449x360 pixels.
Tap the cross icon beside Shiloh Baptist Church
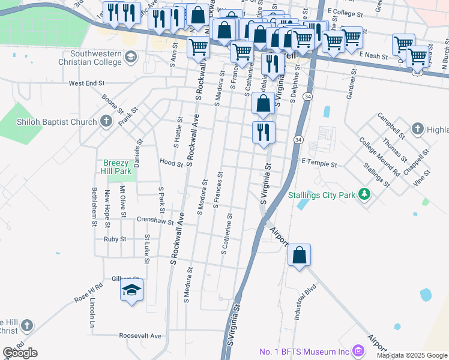tap(106, 122)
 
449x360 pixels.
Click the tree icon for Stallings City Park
tap(363, 194)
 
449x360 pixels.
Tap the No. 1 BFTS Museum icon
tap(358, 350)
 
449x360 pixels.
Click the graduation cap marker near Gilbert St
tap(131, 291)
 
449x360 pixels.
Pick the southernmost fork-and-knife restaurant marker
tap(264, 133)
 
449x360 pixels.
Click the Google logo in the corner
tap(20, 353)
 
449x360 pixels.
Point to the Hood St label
tap(171, 162)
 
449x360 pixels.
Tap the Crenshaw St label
tap(155, 220)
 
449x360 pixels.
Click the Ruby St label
tap(115, 239)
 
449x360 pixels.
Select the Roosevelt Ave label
tap(140, 336)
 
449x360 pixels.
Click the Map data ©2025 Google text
tap(411, 355)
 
